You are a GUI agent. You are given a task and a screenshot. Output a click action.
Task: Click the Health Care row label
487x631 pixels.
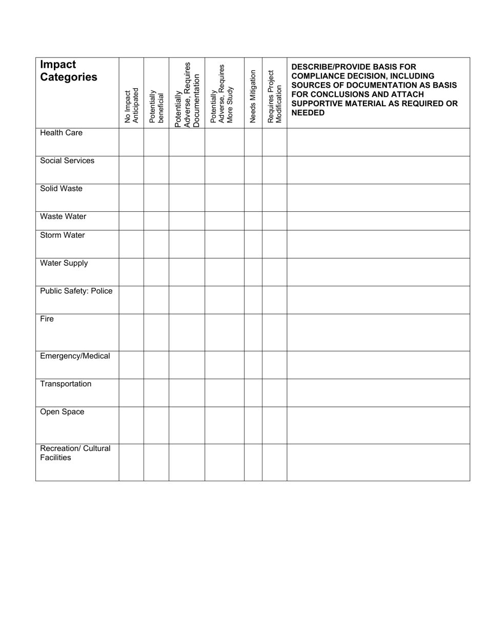[x=61, y=133]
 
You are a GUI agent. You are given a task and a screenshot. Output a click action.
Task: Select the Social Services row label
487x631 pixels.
[x=67, y=161]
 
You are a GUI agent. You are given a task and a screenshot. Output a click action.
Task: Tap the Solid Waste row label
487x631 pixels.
[x=61, y=189]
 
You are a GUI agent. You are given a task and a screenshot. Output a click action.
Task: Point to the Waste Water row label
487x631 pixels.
[x=63, y=216]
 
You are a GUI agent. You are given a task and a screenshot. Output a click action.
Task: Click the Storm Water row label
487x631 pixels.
[x=63, y=235]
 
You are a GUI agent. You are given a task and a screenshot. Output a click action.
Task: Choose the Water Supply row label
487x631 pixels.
[x=64, y=263]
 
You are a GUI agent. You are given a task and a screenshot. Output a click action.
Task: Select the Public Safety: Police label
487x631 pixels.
[x=76, y=291]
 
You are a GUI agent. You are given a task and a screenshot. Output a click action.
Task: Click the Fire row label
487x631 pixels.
[x=47, y=319]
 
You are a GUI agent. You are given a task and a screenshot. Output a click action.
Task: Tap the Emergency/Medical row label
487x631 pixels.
[x=75, y=356]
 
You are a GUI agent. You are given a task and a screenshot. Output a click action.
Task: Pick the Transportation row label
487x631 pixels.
[x=66, y=384]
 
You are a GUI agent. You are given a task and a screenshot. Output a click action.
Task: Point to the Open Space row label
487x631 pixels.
[x=62, y=412]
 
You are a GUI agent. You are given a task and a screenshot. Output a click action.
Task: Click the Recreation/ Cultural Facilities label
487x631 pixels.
[x=75, y=453]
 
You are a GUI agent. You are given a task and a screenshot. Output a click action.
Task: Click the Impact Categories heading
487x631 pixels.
[x=69, y=71]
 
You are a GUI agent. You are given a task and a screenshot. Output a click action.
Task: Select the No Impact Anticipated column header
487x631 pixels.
[x=132, y=106]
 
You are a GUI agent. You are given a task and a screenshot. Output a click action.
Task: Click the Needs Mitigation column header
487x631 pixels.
[x=253, y=96]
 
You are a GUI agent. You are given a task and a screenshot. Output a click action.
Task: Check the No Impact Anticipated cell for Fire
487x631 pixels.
[x=131, y=332]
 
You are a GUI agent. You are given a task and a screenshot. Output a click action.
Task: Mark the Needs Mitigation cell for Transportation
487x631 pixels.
[x=253, y=393]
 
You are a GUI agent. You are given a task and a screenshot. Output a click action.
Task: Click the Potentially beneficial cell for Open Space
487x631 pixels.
[x=156, y=425]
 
